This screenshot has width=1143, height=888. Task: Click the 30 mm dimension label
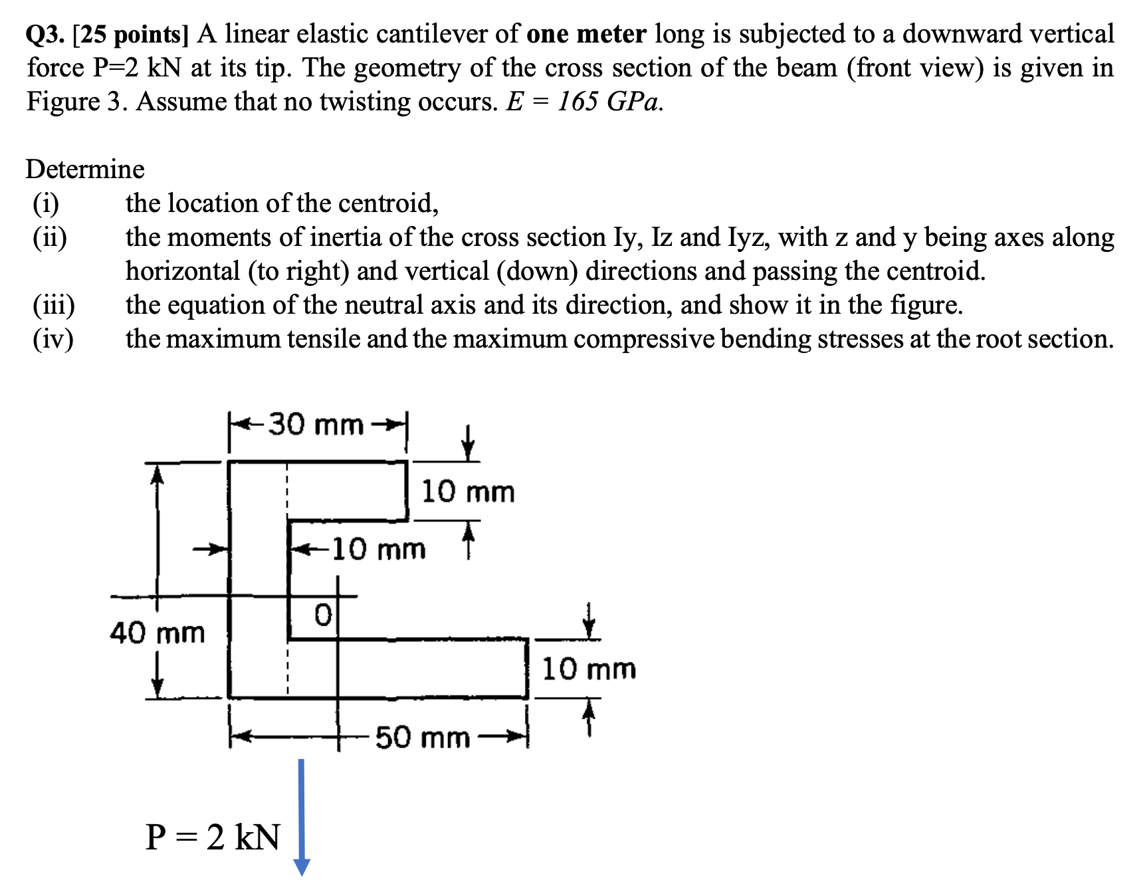coord(316,424)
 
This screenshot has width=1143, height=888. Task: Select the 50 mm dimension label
coord(423,737)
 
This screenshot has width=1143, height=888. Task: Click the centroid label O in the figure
coord(322,615)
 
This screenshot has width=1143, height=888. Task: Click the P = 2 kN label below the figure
coord(213,837)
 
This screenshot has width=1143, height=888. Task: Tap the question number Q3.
coord(45,34)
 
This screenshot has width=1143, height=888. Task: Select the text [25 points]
coord(131,34)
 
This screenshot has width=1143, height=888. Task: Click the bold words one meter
coord(586,34)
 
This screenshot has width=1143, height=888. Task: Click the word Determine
coord(85,169)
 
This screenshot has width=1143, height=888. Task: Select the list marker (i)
coord(46,203)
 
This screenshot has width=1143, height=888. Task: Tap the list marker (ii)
coord(50,237)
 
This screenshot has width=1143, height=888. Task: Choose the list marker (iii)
coord(54,305)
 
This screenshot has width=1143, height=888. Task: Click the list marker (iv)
coord(53,339)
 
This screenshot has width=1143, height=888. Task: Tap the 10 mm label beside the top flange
coord(468,492)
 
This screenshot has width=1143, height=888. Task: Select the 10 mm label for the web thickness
coord(378,549)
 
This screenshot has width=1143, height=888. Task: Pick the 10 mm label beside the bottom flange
coord(589,669)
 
